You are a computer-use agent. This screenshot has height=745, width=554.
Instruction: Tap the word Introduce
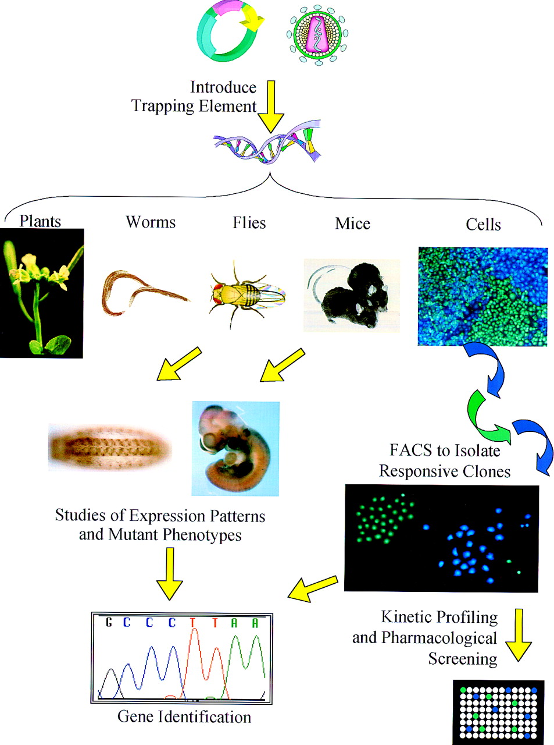click(x=223, y=87)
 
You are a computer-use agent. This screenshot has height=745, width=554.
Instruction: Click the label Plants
click(x=40, y=221)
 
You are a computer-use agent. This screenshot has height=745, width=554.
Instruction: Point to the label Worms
click(x=151, y=222)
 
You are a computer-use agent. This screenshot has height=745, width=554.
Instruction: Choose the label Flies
click(x=249, y=223)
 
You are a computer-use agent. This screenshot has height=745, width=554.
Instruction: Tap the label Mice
click(x=352, y=223)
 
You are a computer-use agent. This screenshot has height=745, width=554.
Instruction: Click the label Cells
click(x=483, y=225)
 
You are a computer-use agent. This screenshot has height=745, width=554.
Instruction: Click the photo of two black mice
click(x=352, y=295)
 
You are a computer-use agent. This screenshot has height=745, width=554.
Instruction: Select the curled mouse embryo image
click(x=235, y=448)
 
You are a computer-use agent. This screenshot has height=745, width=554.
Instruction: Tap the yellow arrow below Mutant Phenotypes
click(x=170, y=573)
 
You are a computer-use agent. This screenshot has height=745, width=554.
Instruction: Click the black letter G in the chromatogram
click(x=108, y=622)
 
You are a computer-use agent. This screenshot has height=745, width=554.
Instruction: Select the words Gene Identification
click(x=184, y=716)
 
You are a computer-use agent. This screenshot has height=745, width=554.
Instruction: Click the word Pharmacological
click(x=439, y=638)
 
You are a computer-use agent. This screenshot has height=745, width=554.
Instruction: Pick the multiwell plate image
click(x=499, y=712)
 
